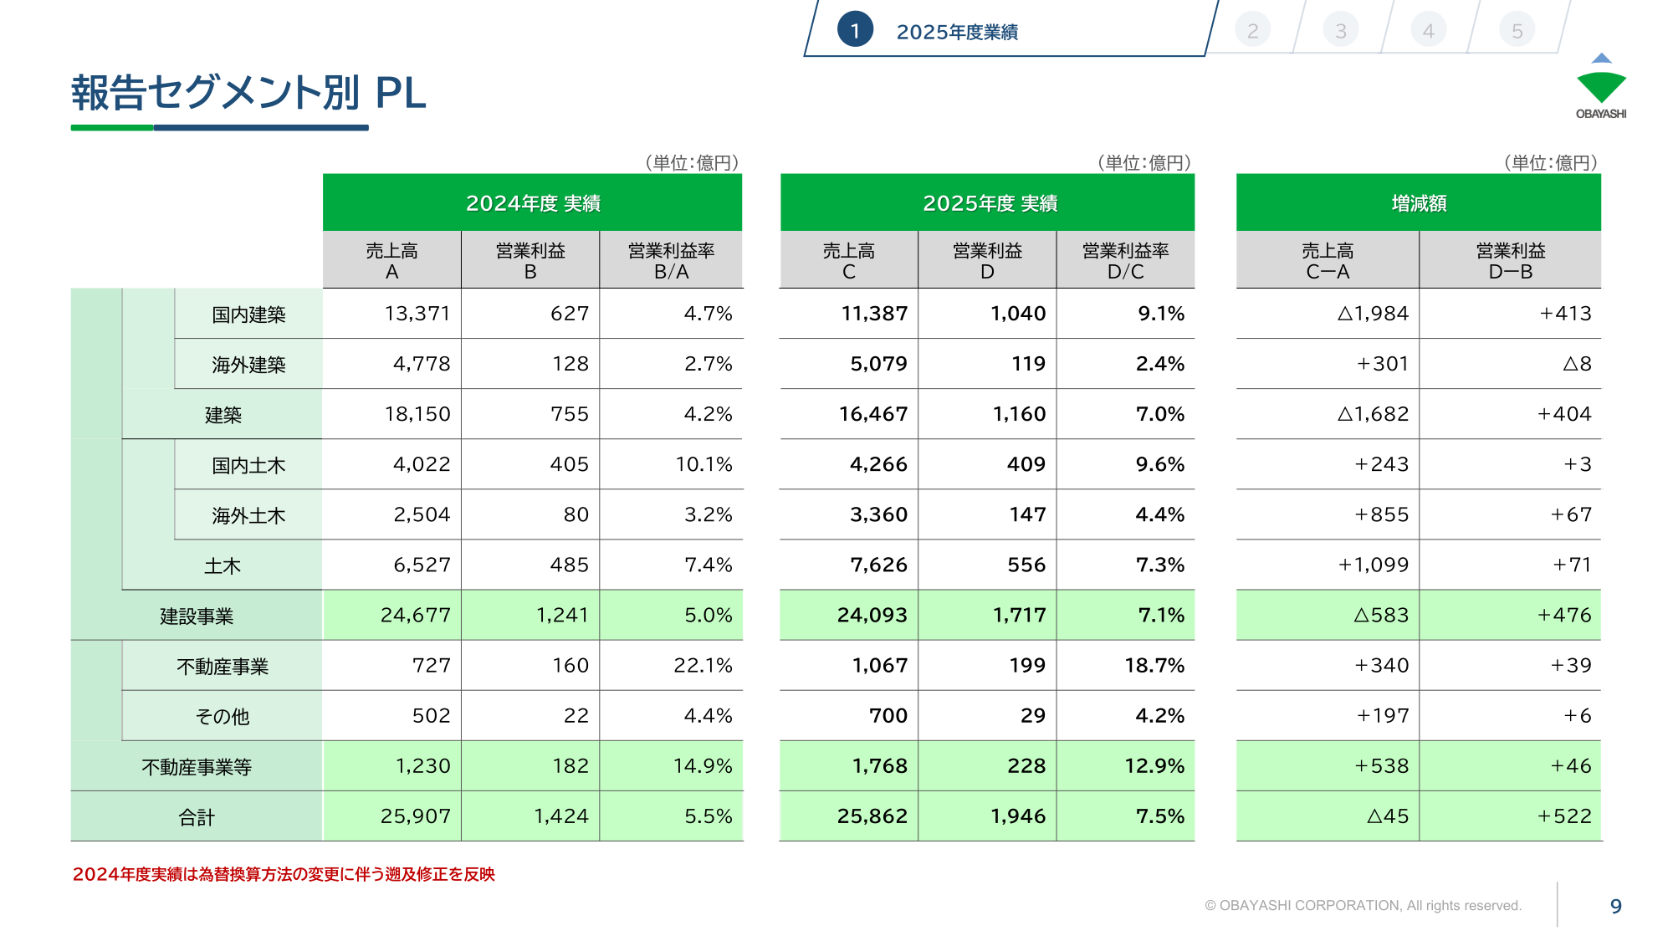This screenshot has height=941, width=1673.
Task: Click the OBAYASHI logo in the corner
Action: [1601, 86]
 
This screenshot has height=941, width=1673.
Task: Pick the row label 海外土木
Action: [248, 515]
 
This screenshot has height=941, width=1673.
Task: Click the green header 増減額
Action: [1419, 203]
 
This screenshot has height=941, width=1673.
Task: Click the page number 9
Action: [1616, 906]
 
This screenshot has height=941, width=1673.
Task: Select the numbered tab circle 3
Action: [1341, 31]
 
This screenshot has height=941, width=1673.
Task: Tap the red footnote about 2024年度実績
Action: [284, 874]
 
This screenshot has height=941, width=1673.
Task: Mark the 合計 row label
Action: [197, 817]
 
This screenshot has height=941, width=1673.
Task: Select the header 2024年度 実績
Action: [533, 203]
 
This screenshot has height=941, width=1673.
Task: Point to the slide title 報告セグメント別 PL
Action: [248, 92]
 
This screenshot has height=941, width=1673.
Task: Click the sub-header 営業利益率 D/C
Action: [1125, 261]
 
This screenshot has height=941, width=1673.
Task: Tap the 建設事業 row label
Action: [197, 616]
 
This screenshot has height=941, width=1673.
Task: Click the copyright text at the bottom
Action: [1363, 905]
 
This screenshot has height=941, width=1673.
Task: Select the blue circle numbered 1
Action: [855, 30]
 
